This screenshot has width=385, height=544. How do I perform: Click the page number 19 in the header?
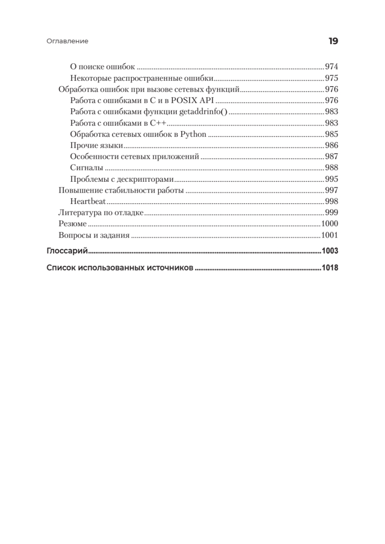tap(333, 41)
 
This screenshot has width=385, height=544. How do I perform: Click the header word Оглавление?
tap(67, 41)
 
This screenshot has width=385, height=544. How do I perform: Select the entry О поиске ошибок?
tap(103, 67)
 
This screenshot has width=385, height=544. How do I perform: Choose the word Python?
tap(193, 134)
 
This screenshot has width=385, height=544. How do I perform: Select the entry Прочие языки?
tap(97, 146)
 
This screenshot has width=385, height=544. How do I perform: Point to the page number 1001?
tap(330, 235)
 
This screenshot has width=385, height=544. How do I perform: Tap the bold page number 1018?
tap(330, 267)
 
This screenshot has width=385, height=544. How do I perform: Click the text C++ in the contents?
tap(159, 123)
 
